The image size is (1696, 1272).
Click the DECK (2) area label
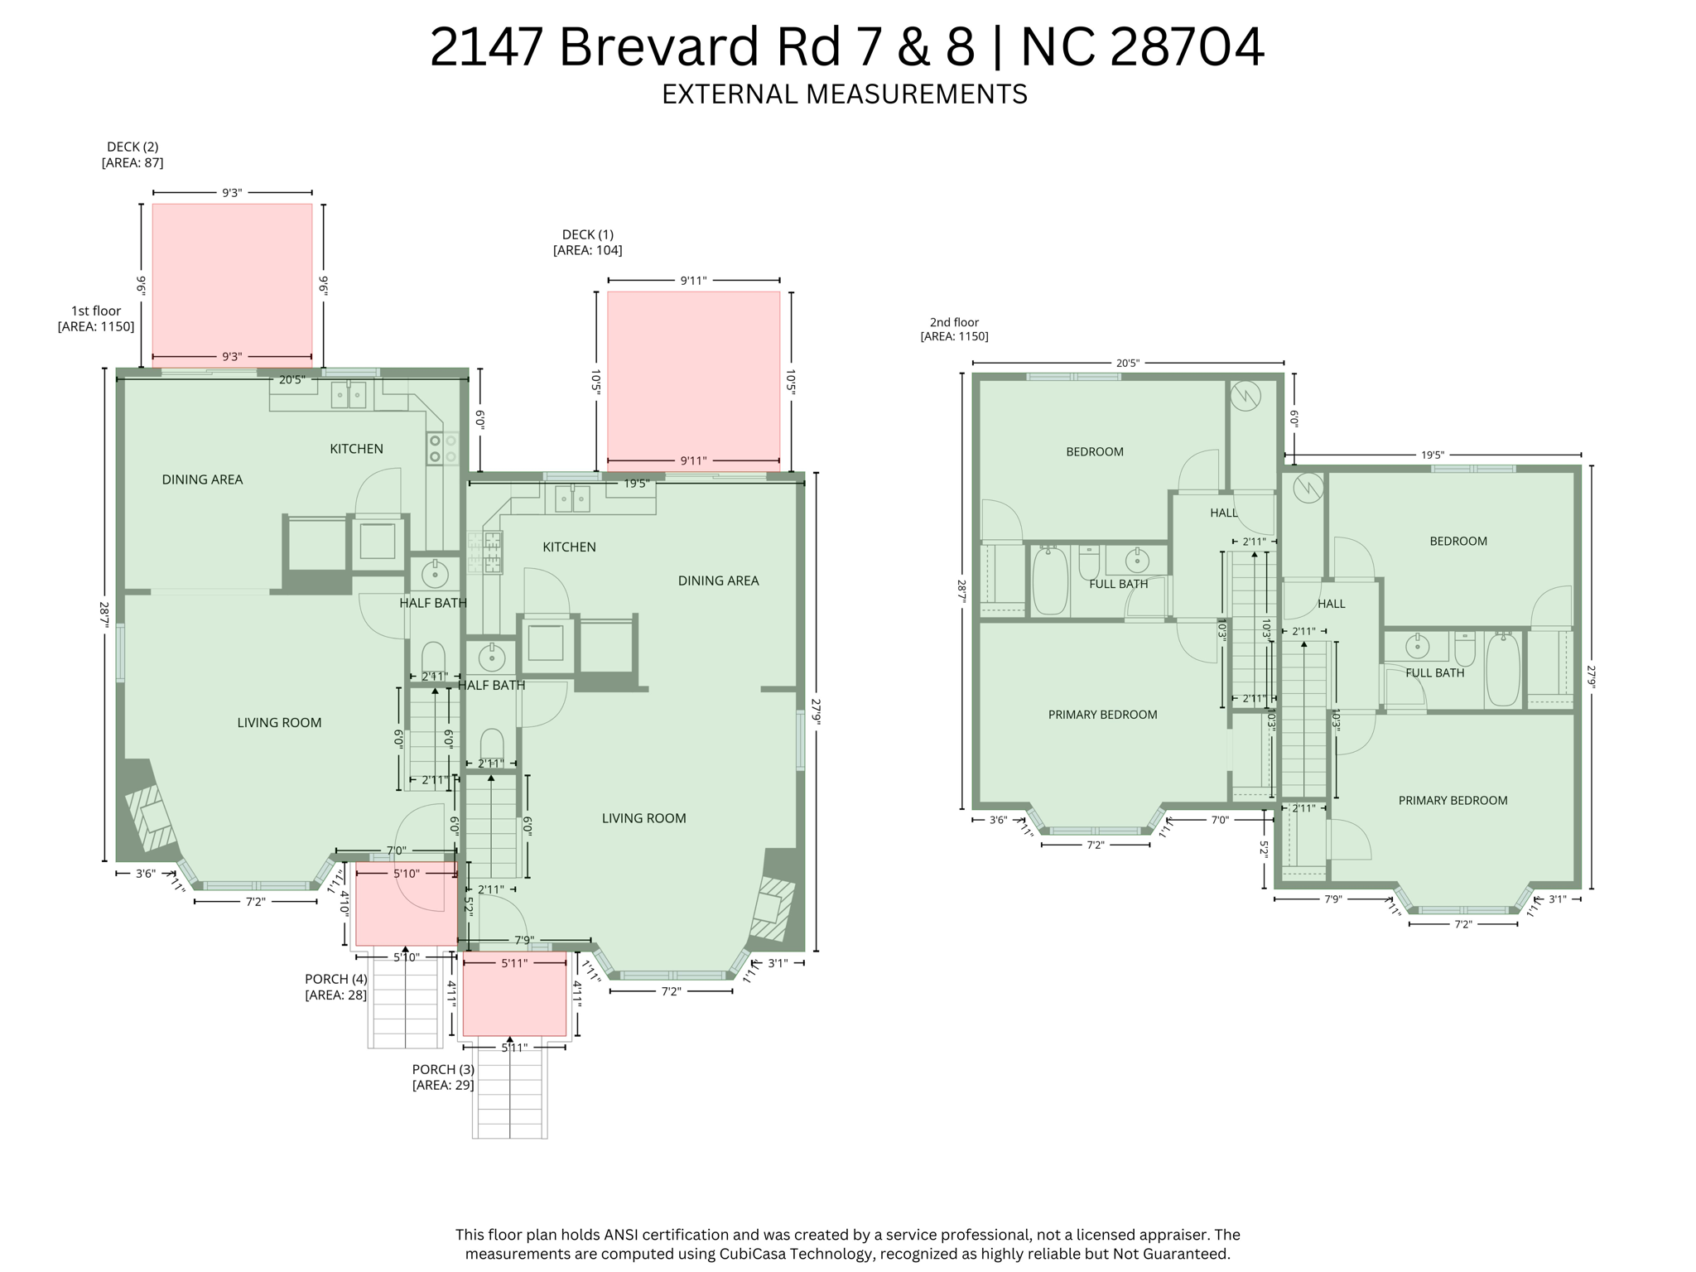(x=132, y=155)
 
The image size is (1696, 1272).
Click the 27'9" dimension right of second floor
(x=1591, y=677)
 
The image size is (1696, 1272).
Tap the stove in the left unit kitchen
(x=442, y=448)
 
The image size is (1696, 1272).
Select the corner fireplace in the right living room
(x=772, y=907)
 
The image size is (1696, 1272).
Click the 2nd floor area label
(x=954, y=329)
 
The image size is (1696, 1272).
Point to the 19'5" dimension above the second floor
(x=1433, y=455)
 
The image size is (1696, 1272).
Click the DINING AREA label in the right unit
(x=718, y=581)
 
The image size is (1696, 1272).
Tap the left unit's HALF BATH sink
(x=435, y=573)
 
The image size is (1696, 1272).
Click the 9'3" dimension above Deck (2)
(x=232, y=193)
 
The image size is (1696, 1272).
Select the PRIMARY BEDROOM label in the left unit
(x=1102, y=715)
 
